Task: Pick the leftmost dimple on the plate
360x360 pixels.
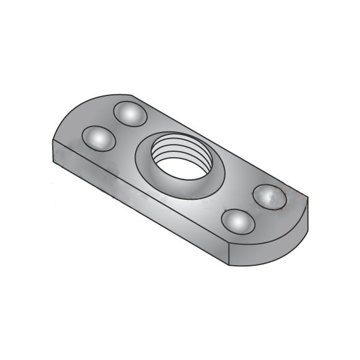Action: [x=98, y=138]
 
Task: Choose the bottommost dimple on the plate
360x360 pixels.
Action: [x=238, y=221]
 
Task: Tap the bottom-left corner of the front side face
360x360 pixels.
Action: [x=55, y=165]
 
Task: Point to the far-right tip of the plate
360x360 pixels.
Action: [x=308, y=201]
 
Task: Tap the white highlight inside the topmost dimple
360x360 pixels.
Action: [x=127, y=110]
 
